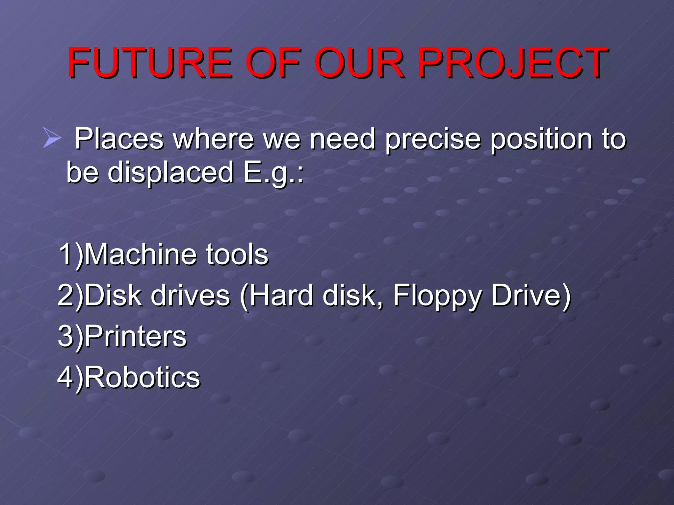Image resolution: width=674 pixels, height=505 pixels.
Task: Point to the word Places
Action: (119, 139)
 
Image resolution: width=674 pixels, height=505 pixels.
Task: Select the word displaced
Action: (170, 172)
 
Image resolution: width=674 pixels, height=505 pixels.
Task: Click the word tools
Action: (237, 254)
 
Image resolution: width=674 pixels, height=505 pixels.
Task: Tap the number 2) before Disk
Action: (70, 295)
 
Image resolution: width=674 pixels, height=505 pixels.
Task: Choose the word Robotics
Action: (142, 377)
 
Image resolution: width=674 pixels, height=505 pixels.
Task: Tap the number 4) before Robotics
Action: (70, 378)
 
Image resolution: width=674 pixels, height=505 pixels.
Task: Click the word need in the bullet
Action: (343, 139)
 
